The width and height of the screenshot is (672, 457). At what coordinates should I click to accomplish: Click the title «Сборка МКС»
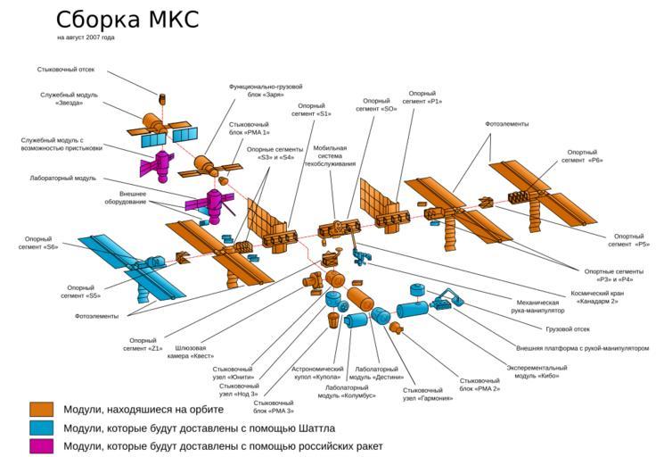tap(127, 19)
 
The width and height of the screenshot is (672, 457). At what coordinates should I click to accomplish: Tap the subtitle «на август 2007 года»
tap(86, 37)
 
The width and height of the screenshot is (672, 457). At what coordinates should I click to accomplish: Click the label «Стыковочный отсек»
tap(65, 70)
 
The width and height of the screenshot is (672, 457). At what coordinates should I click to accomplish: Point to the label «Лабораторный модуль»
tap(61, 179)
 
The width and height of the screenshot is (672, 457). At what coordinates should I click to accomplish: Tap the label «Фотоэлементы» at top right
tap(506, 123)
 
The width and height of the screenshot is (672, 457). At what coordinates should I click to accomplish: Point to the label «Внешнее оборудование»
tap(132, 197)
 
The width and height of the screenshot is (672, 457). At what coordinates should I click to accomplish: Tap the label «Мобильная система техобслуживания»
tap(334, 156)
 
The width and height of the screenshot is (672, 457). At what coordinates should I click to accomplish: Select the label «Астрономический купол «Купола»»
tap(317, 373)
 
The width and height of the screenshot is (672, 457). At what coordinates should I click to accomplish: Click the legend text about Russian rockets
tap(223, 445)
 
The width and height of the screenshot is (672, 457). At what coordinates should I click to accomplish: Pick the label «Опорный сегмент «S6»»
tap(39, 243)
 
